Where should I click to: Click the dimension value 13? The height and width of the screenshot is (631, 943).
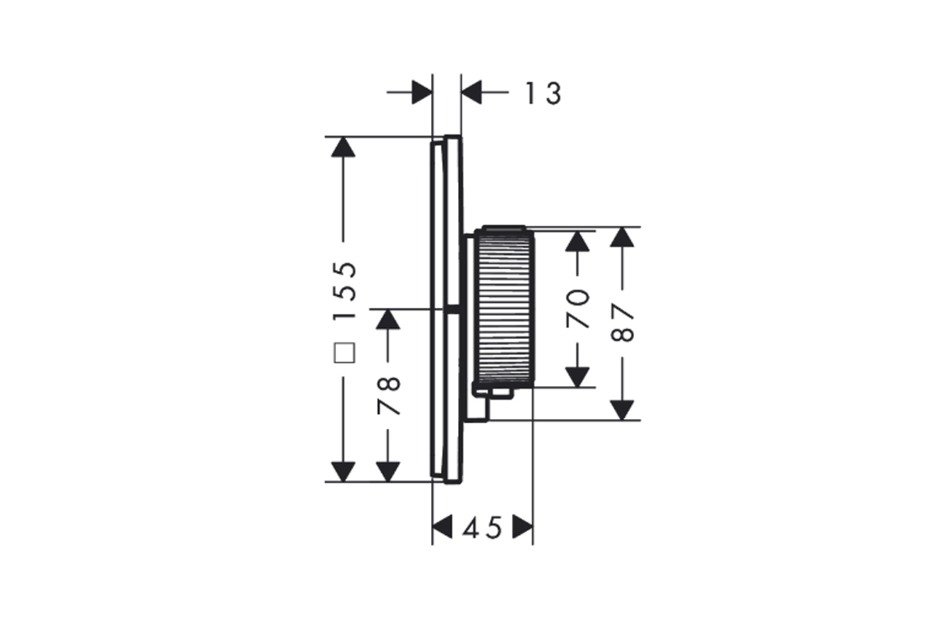click(543, 93)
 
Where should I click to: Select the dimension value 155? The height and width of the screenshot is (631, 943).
click(344, 291)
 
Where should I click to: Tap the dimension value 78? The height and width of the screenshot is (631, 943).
click(389, 395)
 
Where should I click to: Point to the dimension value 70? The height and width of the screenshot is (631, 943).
click(578, 307)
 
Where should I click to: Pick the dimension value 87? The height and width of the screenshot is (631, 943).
click(622, 322)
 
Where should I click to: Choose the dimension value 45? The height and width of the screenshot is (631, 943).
click(482, 528)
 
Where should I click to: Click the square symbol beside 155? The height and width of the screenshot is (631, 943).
click(344, 353)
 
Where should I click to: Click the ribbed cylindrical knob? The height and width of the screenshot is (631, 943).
click(504, 308)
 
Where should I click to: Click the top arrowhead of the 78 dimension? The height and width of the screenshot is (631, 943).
click(387, 319)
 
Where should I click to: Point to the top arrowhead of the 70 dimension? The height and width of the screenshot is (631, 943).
click(578, 240)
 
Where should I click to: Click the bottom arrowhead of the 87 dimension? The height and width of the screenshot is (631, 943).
click(622, 409)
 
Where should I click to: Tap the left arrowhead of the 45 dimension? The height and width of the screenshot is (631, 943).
click(442, 528)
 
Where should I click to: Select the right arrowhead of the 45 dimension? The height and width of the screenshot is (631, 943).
click(523, 528)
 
